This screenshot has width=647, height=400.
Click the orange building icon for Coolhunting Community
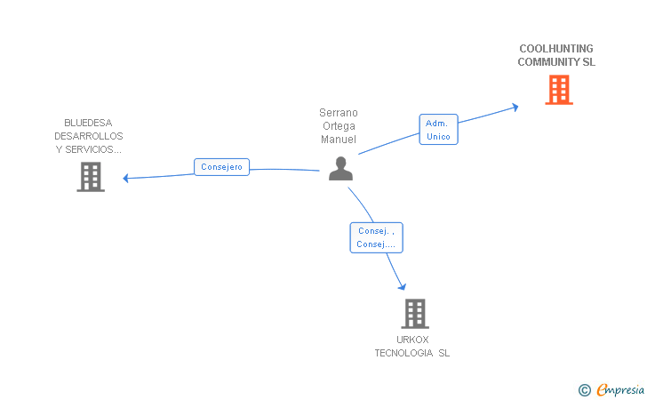[x=558, y=90]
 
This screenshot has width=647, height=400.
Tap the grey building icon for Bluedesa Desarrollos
[x=90, y=177]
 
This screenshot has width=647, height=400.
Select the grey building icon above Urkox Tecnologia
[x=414, y=314]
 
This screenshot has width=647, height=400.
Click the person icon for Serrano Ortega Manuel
[x=340, y=168]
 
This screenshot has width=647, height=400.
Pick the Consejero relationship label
[x=221, y=167]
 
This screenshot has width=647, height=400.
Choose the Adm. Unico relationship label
[x=438, y=130]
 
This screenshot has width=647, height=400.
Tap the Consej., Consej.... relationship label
[x=376, y=237]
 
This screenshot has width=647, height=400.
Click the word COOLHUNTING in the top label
[x=556, y=49]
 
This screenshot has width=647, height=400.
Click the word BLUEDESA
[x=88, y=123]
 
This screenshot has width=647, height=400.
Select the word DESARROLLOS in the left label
[x=88, y=136]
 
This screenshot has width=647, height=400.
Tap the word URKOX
[x=412, y=340]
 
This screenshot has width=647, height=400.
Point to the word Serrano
[x=338, y=113]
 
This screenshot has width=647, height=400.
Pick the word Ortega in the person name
[x=338, y=126]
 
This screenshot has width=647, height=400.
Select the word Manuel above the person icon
[x=338, y=140]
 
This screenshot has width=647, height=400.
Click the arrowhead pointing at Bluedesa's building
[x=126, y=178]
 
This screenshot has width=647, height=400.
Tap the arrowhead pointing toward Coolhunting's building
[x=514, y=108]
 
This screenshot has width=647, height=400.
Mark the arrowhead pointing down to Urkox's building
[x=403, y=286]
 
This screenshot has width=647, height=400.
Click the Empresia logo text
[x=619, y=389]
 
